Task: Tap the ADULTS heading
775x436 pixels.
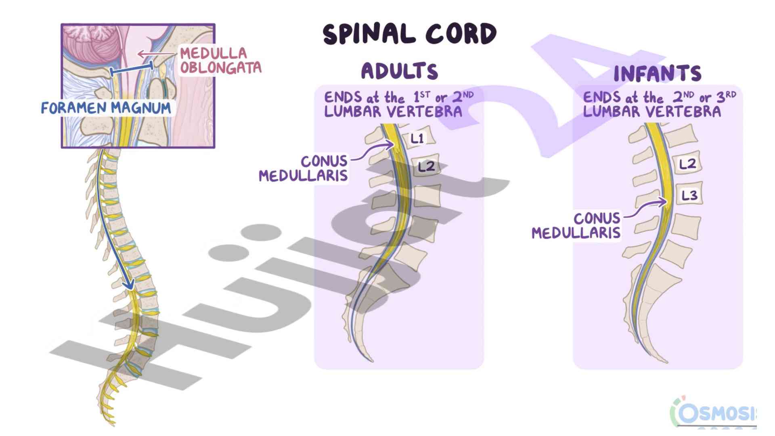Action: tap(399, 71)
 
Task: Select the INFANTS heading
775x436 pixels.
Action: tap(657, 73)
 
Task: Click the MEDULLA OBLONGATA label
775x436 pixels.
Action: tap(220, 61)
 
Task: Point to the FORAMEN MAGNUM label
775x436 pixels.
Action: tap(106, 108)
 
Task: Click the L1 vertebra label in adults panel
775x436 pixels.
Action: tap(417, 138)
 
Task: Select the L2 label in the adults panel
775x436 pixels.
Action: tap(426, 166)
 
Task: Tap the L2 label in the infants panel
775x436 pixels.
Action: tap(687, 164)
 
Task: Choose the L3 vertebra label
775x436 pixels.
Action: tap(689, 196)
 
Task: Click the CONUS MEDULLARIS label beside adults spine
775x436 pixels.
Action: tap(304, 168)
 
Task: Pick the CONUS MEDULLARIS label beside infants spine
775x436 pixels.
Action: tap(576, 225)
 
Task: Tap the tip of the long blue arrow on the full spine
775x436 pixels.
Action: tap(130, 287)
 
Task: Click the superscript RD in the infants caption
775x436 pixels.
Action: tap(731, 94)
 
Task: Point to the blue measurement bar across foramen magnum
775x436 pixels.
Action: tap(132, 69)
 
